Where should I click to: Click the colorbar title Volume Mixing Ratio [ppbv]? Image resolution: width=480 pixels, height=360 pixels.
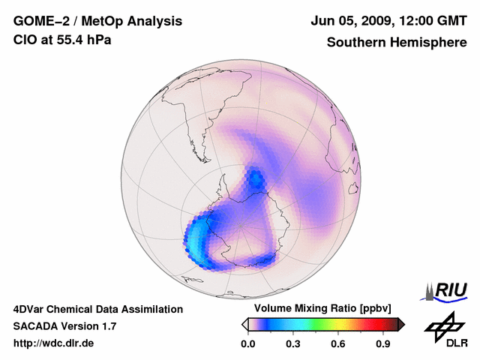(319, 309)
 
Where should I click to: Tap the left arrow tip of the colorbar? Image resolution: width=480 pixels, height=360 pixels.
(244, 324)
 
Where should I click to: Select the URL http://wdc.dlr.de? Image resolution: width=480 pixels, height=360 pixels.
(54, 343)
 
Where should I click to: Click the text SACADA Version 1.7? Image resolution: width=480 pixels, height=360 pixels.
(64, 326)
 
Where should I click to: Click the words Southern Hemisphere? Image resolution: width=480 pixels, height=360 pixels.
(397, 42)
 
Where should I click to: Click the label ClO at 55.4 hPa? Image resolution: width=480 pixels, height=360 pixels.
(63, 40)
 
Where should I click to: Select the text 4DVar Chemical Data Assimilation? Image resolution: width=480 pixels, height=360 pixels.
(98, 309)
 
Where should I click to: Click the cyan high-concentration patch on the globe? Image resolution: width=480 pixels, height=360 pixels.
(196, 240)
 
